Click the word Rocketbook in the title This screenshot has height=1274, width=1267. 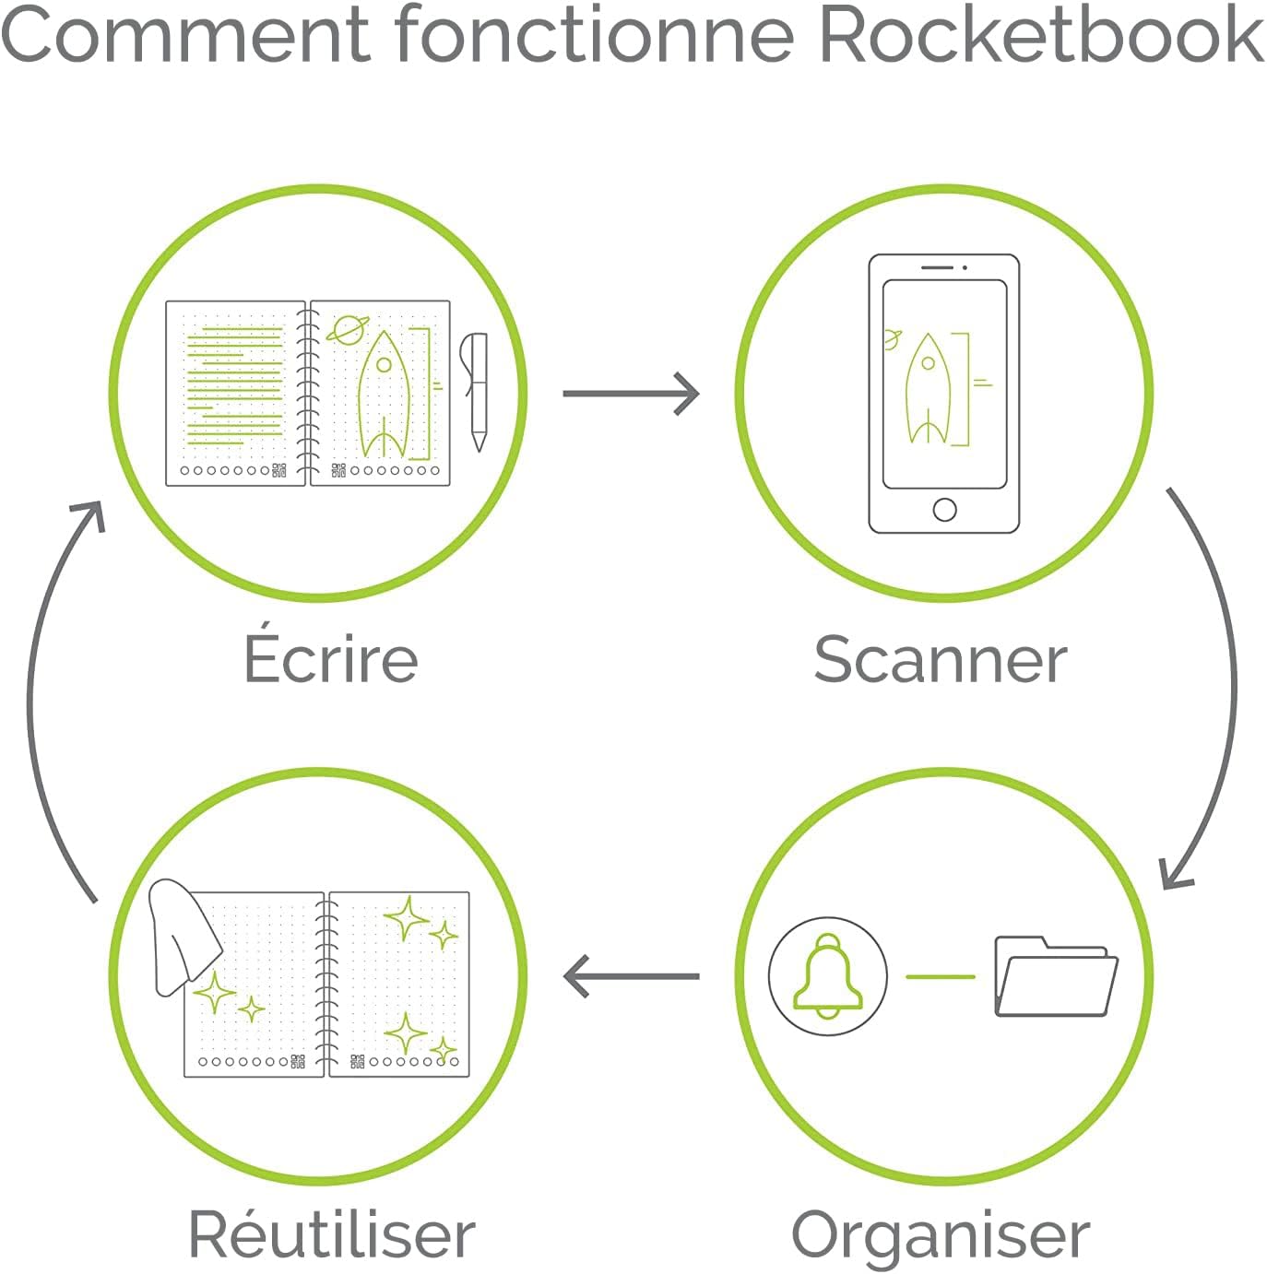[1040, 35]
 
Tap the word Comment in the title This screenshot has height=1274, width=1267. [184, 35]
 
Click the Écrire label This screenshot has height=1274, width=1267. [331, 658]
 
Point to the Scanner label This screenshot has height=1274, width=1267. [940, 660]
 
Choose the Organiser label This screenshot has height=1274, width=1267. [941, 1235]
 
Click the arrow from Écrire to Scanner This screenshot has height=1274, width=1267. [631, 394]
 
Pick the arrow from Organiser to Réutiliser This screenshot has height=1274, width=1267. [631, 976]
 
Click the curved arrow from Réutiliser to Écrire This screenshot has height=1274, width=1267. [41, 701]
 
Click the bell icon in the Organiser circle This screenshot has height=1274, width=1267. [827, 975]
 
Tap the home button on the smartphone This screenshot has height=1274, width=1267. [944, 509]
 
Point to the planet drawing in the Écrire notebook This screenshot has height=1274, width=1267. [349, 329]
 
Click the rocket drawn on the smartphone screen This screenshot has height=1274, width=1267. [928, 387]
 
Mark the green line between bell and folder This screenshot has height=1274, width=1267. [941, 976]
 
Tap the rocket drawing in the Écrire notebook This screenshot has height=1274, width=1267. [384, 396]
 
